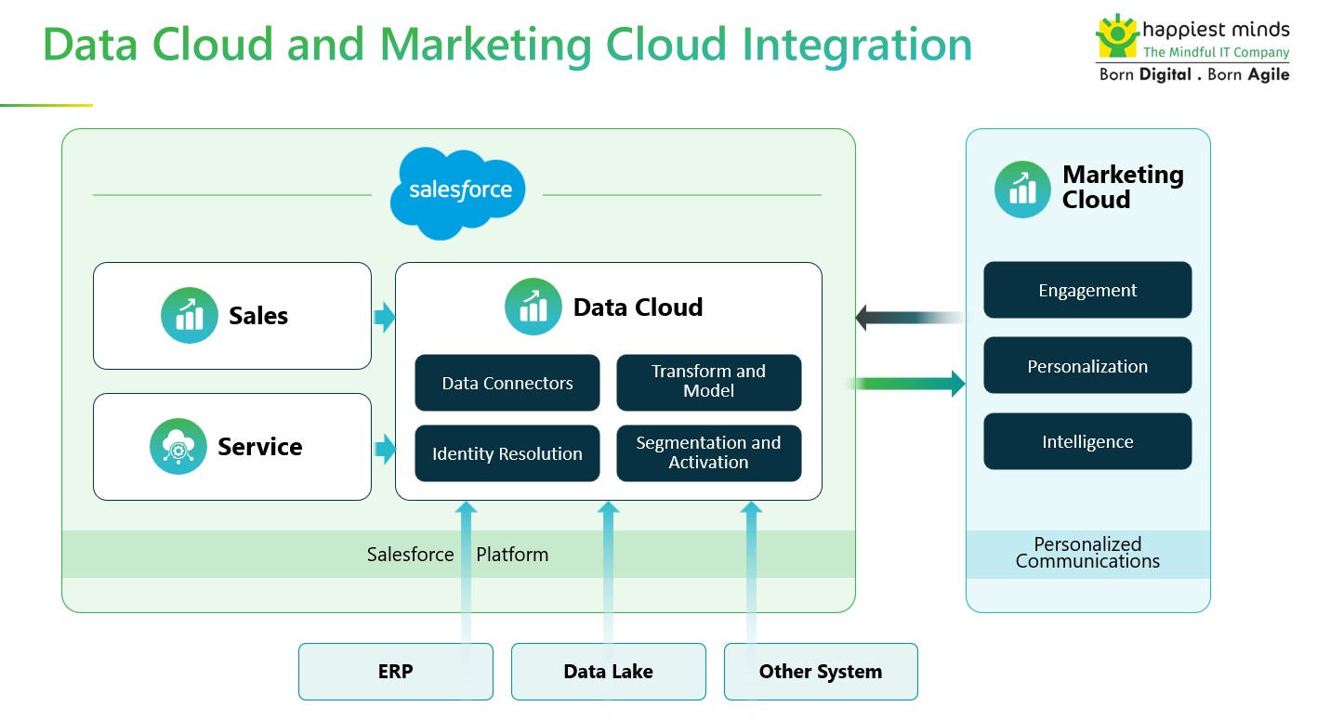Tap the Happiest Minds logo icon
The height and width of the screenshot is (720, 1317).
(x=1116, y=36)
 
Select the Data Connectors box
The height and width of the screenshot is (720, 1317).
(x=507, y=383)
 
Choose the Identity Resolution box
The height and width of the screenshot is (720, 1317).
(x=507, y=453)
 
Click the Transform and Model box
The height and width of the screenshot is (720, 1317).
(x=708, y=382)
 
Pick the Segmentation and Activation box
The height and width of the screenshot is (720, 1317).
(x=708, y=453)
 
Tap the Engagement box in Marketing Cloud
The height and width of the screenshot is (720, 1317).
(x=1087, y=290)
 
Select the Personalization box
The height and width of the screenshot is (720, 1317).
(x=1087, y=366)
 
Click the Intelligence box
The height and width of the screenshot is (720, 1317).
(x=1087, y=441)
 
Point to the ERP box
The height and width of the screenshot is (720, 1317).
(x=395, y=671)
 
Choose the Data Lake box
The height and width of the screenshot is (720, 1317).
(x=608, y=671)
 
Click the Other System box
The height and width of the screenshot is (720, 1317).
(x=821, y=671)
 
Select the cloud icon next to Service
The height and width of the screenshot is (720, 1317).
(x=178, y=447)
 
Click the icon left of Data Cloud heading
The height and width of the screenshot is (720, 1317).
(x=533, y=307)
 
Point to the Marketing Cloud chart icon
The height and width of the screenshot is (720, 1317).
(x=1022, y=189)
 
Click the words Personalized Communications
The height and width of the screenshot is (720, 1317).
(x=1087, y=553)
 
